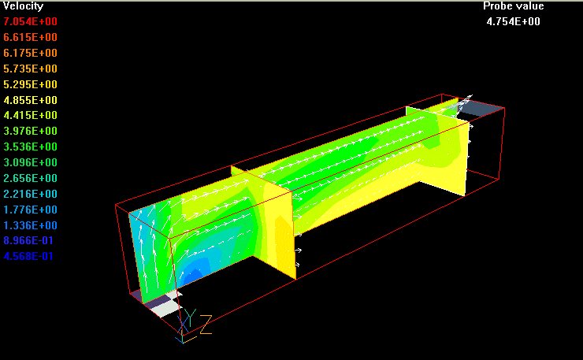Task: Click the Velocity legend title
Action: (x=23, y=6)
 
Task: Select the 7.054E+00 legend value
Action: (x=31, y=21)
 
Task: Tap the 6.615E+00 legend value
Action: (x=31, y=37)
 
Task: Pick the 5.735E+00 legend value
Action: (x=31, y=69)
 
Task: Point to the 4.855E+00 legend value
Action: (x=31, y=100)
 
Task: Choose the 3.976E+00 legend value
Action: (x=31, y=131)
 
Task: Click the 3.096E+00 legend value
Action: (x=31, y=162)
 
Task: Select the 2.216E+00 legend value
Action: (x=31, y=194)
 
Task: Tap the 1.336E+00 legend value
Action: (x=31, y=225)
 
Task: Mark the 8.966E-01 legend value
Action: (x=28, y=240)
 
